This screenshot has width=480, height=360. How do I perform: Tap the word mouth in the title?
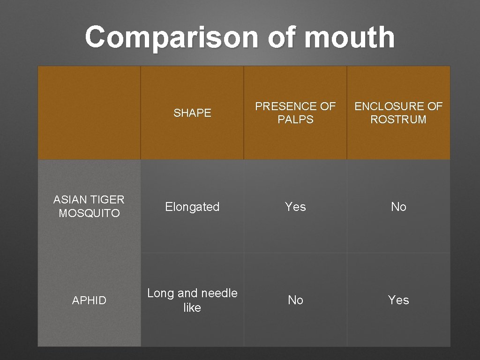click(x=349, y=37)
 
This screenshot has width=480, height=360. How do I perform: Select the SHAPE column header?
click(x=192, y=113)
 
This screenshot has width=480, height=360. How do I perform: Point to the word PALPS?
click(x=295, y=120)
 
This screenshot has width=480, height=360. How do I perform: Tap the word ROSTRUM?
click(x=398, y=120)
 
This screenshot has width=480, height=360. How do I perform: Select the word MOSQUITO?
click(x=89, y=213)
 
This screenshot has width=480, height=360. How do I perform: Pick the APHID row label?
click(x=89, y=300)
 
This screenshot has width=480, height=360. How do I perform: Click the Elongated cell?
click(x=192, y=207)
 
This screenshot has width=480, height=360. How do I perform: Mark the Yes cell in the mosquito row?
click(x=295, y=207)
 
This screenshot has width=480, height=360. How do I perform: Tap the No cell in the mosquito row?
click(x=398, y=207)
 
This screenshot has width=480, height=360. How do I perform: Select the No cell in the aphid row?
click(x=295, y=300)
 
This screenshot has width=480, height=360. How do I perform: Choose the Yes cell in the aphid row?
click(x=398, y=300)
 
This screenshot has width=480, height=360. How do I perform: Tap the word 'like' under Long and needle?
click(x=192, y=307)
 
